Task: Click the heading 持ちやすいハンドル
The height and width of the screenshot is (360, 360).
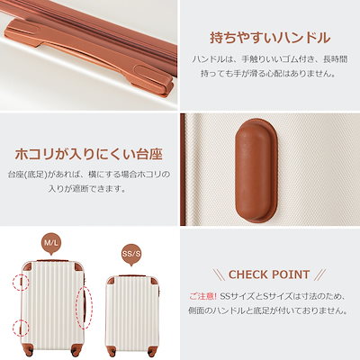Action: [270, 38]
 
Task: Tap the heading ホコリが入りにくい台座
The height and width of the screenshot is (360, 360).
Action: [89, 155]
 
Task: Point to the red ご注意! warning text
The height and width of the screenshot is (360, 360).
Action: [203, 296]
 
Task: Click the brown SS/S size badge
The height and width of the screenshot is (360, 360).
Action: [131, 255]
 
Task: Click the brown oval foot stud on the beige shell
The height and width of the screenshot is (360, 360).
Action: [256, 170]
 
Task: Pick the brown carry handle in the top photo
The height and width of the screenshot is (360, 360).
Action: [90, 57]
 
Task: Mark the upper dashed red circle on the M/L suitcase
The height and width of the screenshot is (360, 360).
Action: [21, 282]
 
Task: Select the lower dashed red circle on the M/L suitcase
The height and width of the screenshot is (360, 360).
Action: [21, 328]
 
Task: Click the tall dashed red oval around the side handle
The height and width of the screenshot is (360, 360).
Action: [85, 308]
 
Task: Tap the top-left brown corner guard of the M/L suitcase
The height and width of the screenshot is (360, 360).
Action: [28, 266]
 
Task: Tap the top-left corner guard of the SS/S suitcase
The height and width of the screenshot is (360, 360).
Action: [111, 281]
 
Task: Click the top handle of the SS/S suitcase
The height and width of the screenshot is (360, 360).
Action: [132, 275]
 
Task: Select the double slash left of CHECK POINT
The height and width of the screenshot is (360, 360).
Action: [219, 274]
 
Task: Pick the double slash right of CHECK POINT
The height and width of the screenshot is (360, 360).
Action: [319, 274]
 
